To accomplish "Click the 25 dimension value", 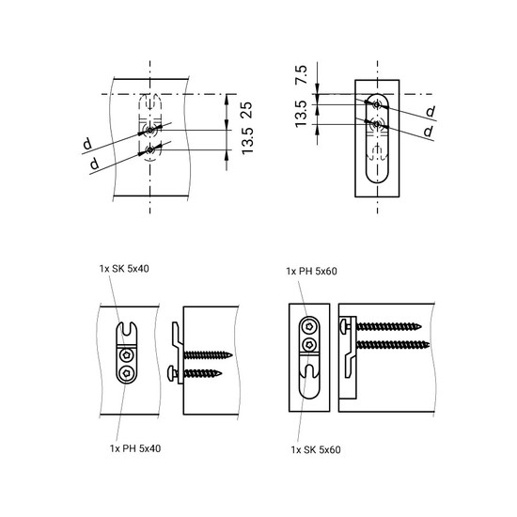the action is coord(246,111).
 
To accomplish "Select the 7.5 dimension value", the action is coord(302,74).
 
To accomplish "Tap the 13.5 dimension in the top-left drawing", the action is coord(247,141).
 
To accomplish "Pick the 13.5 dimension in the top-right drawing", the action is coord(301,114).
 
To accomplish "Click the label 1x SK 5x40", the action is coord(124,269).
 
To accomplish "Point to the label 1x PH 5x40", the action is coord(135,448).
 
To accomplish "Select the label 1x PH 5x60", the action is coord(311,272).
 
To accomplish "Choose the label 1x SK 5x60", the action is coord(316,449).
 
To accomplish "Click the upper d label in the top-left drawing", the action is coord(87,144).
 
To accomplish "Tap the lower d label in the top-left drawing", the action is coord(94,164).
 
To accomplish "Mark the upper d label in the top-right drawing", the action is coord(431,112).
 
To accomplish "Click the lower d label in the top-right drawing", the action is coord(428,132).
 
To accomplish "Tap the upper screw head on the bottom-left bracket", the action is coord(127,355).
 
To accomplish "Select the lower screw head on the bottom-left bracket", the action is coord(127,373).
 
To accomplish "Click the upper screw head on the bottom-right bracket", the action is coord(309,327).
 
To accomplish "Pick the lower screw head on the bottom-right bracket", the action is coord(309,345).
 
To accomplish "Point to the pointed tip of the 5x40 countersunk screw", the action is coord(232,355).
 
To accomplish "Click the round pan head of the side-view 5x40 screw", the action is coord(171,373).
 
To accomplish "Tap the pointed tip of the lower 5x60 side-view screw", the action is coord(429,345).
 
